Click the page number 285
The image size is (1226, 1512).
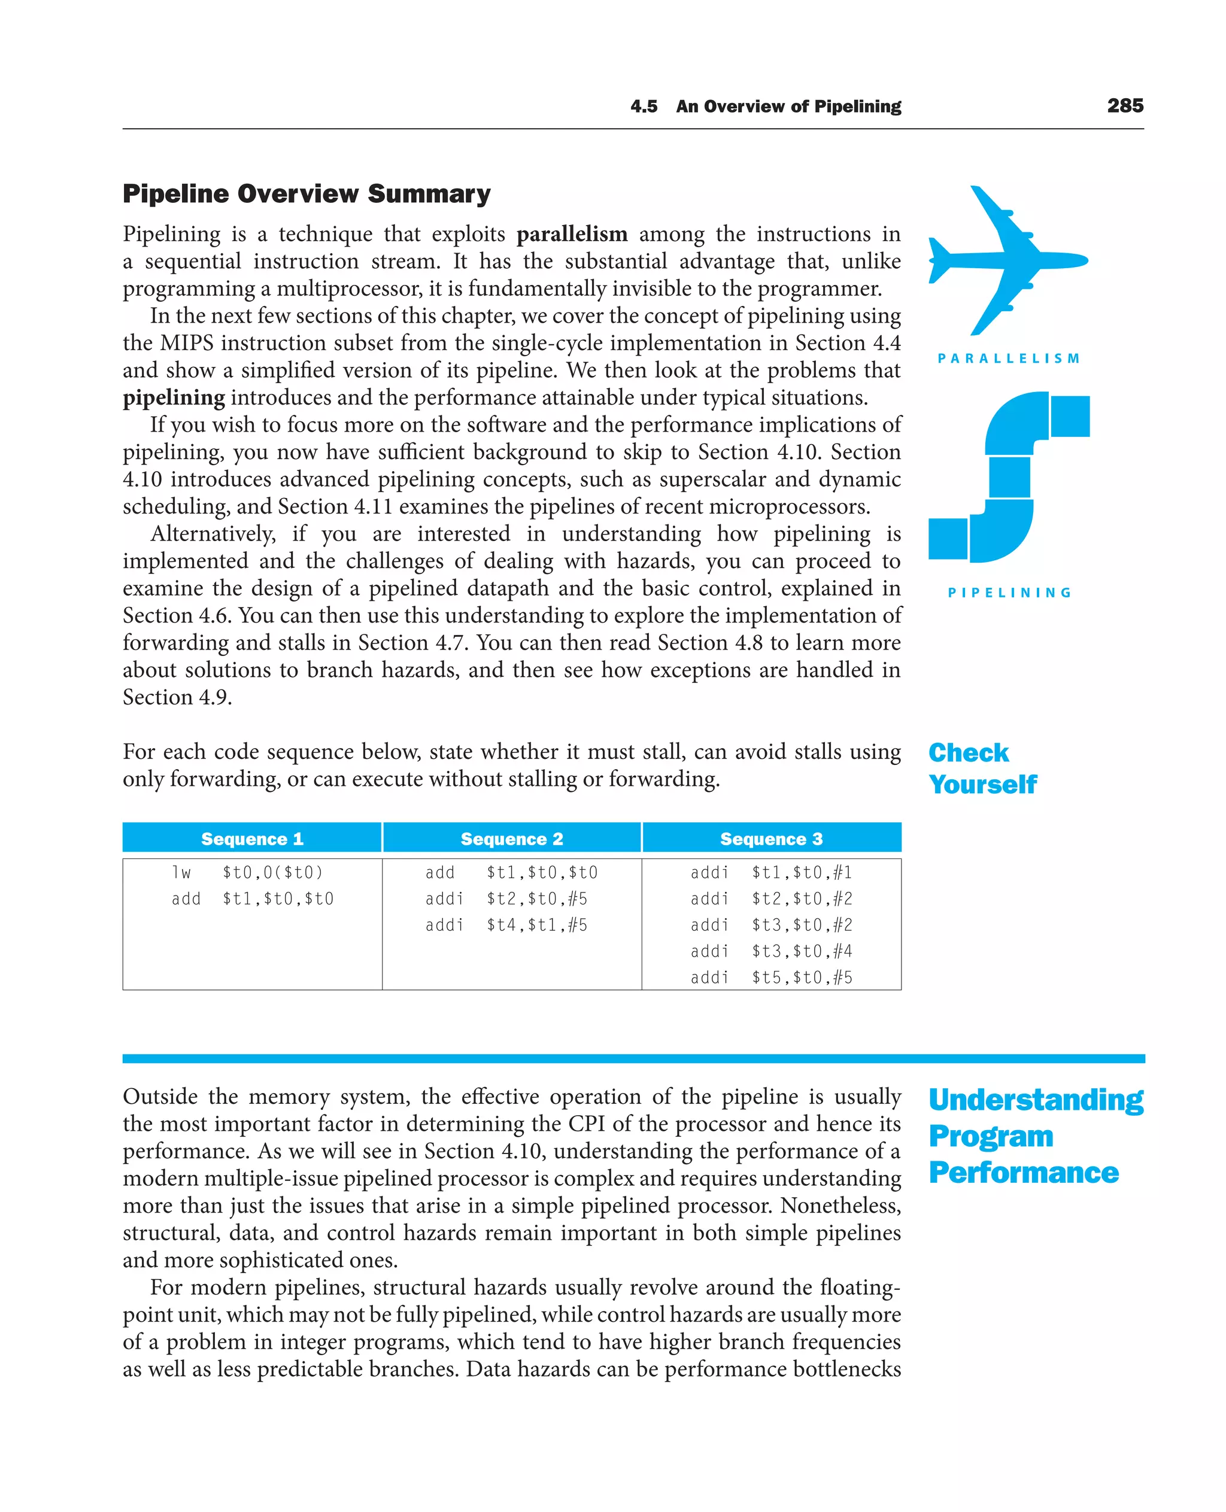pyautogui.click(x=1125, y=106)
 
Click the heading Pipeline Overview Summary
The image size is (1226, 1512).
pyautogui.click(x=306, y=193)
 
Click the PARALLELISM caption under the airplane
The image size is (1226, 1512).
pyautogui.click(x=1009, y=359)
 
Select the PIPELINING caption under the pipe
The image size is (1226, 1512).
pyautogui.click(x=1009, y=593)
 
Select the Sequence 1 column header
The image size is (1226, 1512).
pyautogui.click(x=252, y=838)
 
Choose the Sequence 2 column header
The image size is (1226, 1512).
pyautogui.click(x=511, y=838)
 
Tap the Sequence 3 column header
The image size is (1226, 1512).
pyautogui.click(x=771, y=838)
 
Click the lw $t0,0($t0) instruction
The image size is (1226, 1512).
pyautogui.click(x=247, y=872)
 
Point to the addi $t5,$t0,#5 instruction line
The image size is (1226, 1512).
pyautogui.click(x=771, y=977)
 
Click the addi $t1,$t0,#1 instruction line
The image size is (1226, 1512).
pyautogui.click(x=771, y=872)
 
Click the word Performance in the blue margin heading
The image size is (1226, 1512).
pyautogui.click(x=1023, y=1173)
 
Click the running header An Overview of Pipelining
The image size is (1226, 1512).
pyautogui.click(x=788, y=107)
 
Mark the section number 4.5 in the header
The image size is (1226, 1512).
pyautogui.click(x=644, y=107)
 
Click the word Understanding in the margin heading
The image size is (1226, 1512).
pyautogui.click(x=1035, y=1100)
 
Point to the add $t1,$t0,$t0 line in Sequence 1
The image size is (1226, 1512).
pyautogui.click(x=252, y=898)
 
